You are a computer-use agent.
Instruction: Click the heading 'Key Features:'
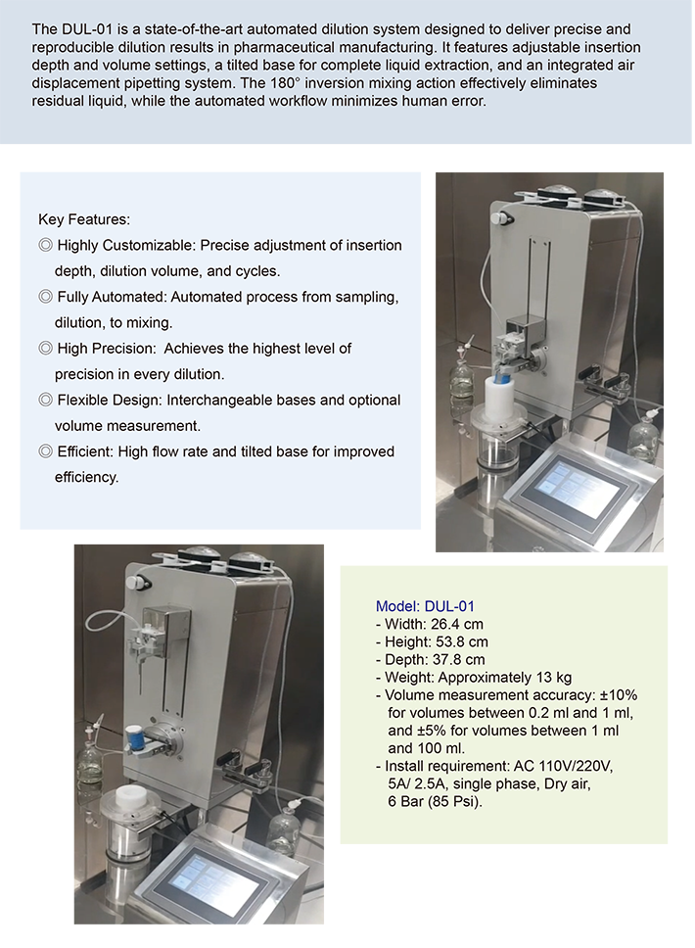point(84,219)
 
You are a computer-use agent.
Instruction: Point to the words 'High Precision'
point(106,349)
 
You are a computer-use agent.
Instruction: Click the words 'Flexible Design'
point(109,401)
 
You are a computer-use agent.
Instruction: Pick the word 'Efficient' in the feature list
point(83,451)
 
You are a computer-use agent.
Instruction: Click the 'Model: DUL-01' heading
point(425,606)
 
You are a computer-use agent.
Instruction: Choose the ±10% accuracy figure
point(619,695)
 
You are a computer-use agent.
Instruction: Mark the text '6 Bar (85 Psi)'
point(436,802)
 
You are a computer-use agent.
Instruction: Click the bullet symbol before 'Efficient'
point(45,451)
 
